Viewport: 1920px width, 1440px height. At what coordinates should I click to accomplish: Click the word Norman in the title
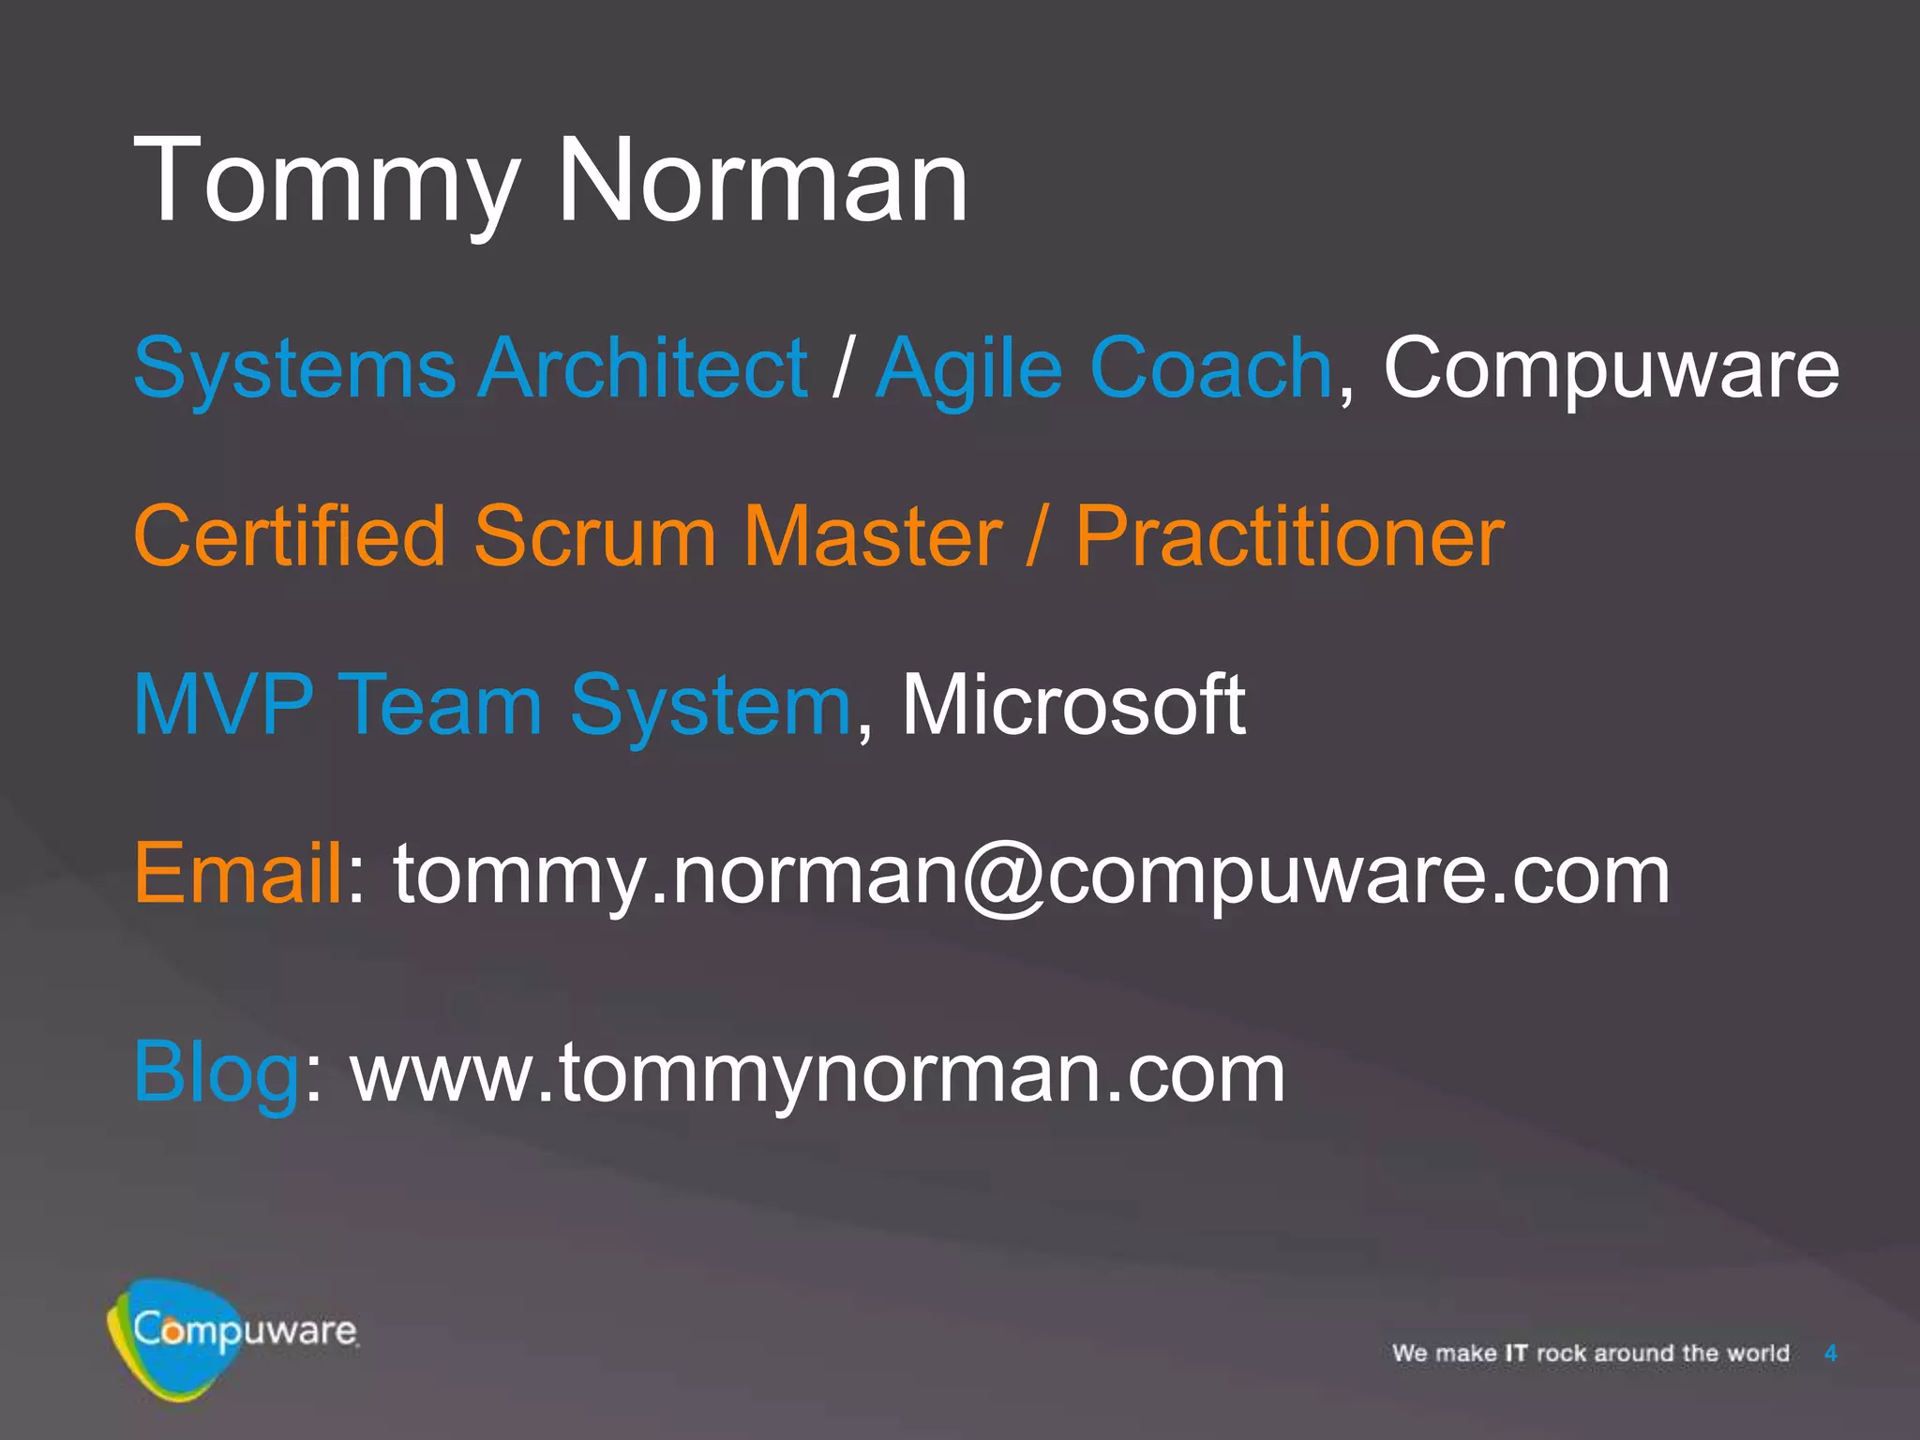point(761,180)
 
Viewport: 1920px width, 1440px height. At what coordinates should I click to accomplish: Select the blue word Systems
point(294,368)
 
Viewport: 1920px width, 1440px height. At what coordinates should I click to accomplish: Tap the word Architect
point(643,367)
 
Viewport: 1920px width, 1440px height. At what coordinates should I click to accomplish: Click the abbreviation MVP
point(223,704)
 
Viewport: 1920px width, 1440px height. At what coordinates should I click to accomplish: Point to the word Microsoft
point(1072,704)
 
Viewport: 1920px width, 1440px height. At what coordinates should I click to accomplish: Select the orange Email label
point(239,873)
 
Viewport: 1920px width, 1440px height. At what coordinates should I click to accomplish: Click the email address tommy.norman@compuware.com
point(1031,875)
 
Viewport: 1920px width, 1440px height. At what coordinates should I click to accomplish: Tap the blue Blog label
point(217,1073)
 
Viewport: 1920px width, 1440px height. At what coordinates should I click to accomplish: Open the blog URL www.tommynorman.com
point(817,1073)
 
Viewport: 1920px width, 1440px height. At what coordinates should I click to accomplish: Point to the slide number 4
point(1830,1353)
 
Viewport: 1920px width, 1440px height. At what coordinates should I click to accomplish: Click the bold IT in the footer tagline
point(1516,1353)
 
